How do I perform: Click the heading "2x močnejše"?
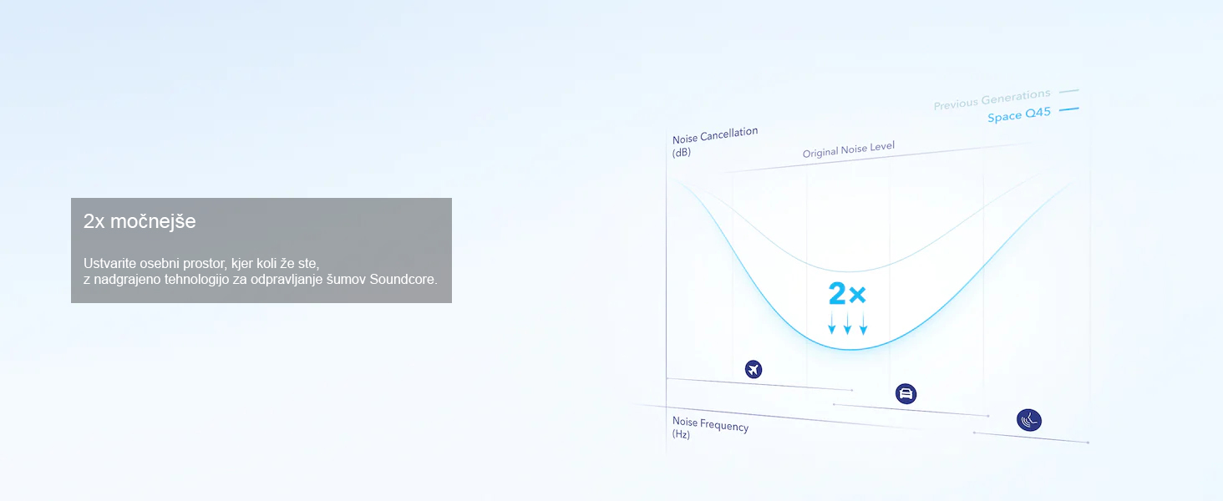(x=140, y=221)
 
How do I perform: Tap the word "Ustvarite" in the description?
(x=109, y=263)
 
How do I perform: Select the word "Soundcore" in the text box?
(x=403, y=280)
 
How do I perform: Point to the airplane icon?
(x=754, y=369)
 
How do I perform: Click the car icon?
(x=906, y=393)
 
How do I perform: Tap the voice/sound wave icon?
(x=1029, y=420)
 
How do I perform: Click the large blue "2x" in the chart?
(x=847, y=294)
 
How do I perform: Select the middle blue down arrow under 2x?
(x=847, y=323)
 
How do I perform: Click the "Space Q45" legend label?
(x=1019, y=114)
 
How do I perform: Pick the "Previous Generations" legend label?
(x=992, y=99)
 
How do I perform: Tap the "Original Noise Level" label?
(x=849, y=149)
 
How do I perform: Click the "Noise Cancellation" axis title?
(x=715, y=134)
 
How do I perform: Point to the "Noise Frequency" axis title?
(x=710, y=423)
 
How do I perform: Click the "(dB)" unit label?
(x=682, y=152)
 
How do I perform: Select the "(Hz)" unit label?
(x=681, y=434)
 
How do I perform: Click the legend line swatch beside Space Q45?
(x=1069, y=109)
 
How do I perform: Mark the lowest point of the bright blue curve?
(x=850, y=349)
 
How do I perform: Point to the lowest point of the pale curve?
(x=849, y=271)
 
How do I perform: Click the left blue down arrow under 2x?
(x=831, y=322)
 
